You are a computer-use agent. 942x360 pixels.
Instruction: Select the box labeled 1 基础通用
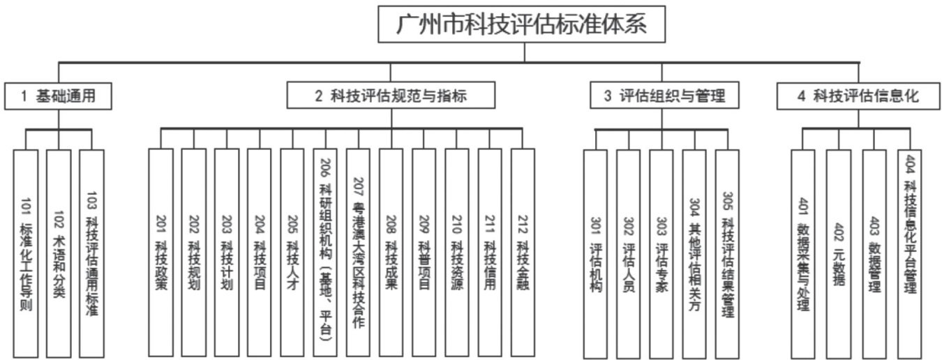[59, 96]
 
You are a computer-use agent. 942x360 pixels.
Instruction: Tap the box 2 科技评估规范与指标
[391, 96]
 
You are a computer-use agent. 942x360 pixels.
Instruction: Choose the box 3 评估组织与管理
[662, 96]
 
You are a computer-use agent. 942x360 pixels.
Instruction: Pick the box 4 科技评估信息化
[858, 96]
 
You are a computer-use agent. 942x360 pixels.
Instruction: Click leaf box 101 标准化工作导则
[26, 254]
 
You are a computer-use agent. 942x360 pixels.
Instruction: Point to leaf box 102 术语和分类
[59, 254]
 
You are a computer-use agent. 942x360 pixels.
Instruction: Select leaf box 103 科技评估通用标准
[91, 254]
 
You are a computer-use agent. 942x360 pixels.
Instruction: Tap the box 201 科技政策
[160, 254]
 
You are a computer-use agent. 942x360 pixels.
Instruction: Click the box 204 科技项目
[259, 254]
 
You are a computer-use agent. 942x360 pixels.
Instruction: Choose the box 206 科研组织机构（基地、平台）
[324, 254]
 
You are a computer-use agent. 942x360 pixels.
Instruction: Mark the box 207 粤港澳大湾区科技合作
[357, 254]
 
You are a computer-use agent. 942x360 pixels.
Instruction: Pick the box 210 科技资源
[456, 254]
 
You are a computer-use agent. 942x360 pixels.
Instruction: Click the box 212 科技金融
[523, 254]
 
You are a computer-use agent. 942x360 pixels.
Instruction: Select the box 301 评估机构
[595, 254]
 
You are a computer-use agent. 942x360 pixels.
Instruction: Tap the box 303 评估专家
[661, 254]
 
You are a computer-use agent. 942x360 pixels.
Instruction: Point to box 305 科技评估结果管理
[727, 254]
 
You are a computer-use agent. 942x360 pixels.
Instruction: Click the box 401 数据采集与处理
[802, 254]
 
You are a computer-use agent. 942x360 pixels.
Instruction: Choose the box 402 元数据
[838, 254]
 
